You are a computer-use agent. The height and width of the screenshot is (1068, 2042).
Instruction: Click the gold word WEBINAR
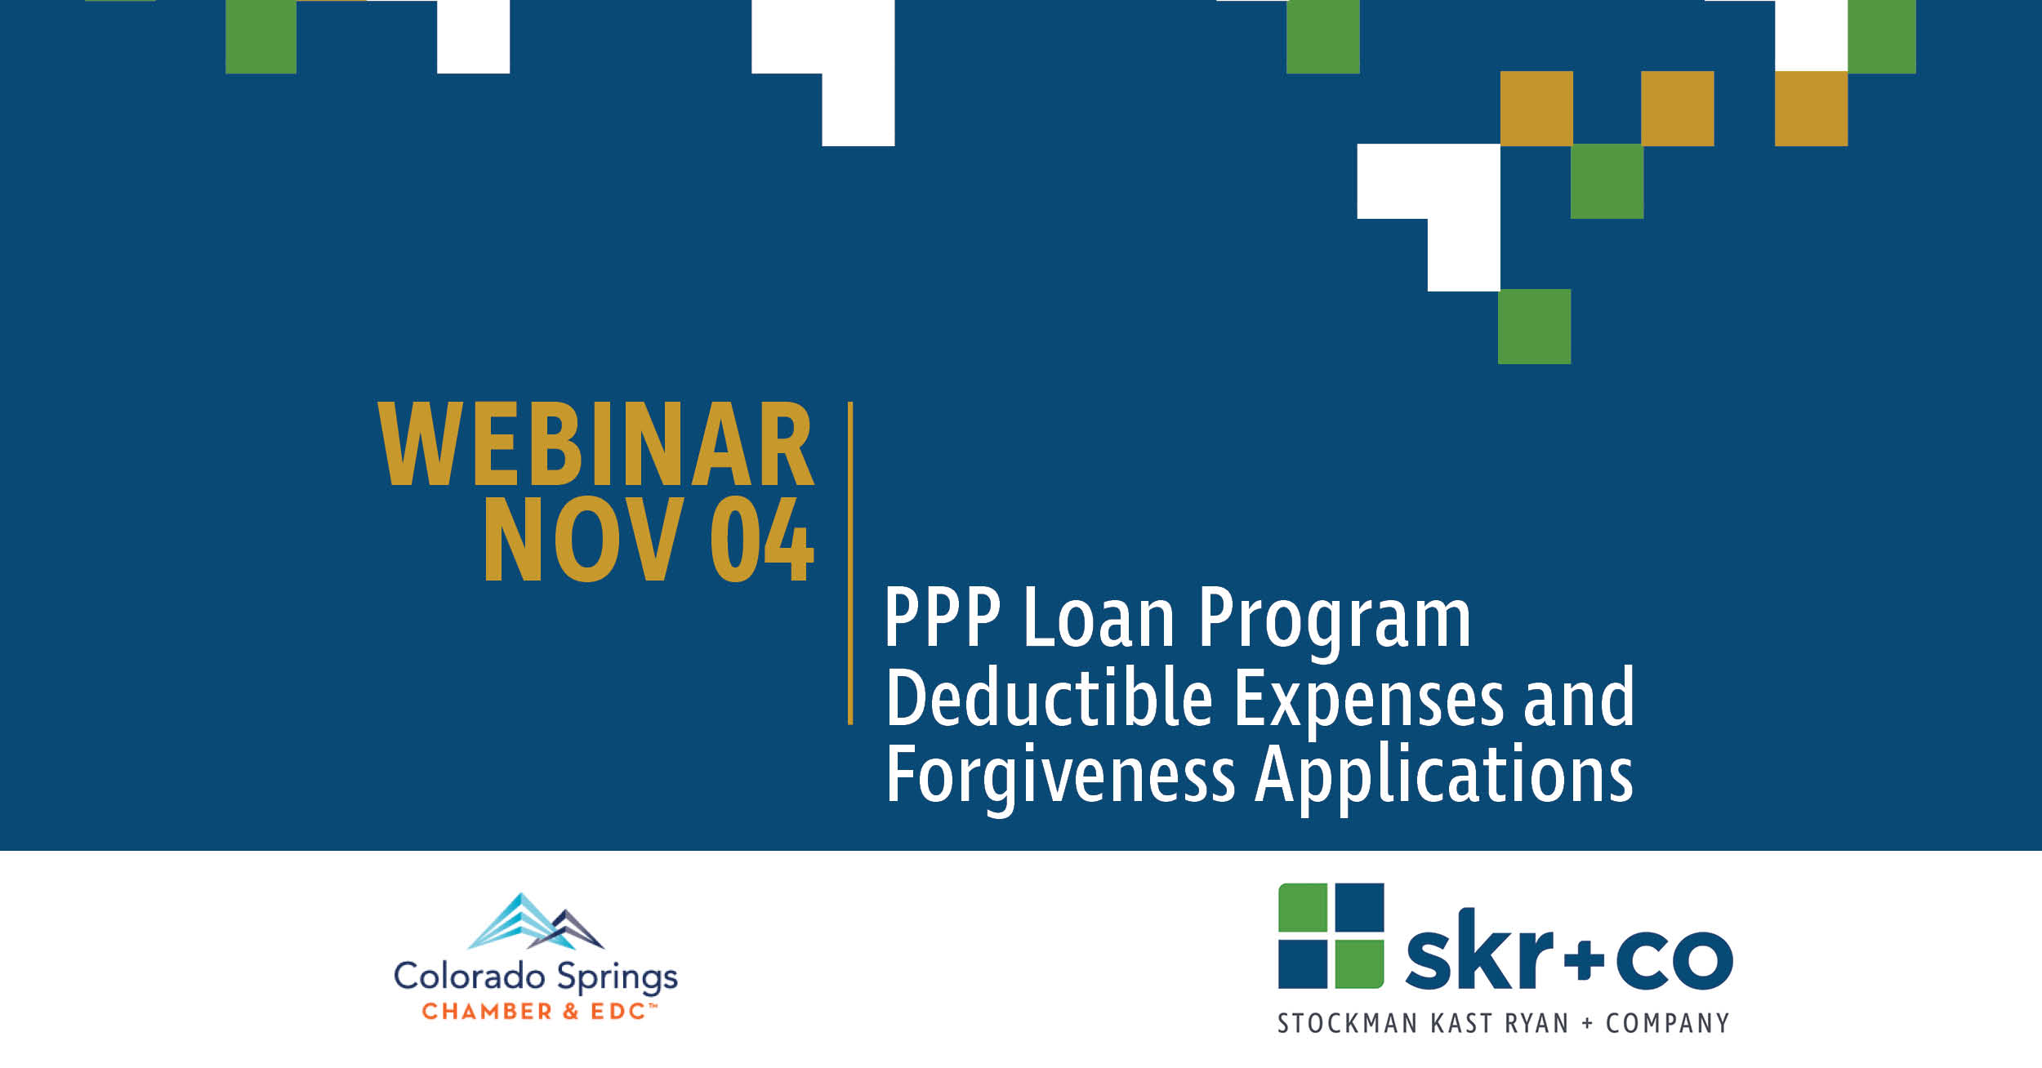coord(595,444)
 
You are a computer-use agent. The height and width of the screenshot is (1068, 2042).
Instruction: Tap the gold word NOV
coord(583,540)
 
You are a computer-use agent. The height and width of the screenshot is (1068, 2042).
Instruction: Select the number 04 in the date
coord(761,540)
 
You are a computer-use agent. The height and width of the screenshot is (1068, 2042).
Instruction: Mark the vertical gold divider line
coord(850,563)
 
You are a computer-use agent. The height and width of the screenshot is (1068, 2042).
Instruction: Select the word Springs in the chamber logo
coord(617,979)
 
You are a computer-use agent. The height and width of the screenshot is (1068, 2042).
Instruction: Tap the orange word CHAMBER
coord(487,1012)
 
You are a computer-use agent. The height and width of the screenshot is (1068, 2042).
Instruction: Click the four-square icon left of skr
coord(1331,936)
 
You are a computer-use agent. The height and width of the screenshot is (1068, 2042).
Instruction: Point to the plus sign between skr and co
coord(1584,960)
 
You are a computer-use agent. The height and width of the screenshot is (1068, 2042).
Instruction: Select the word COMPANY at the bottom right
coord(1667,1024)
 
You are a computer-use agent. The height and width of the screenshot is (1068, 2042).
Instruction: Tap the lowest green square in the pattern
coord(1534,327)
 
